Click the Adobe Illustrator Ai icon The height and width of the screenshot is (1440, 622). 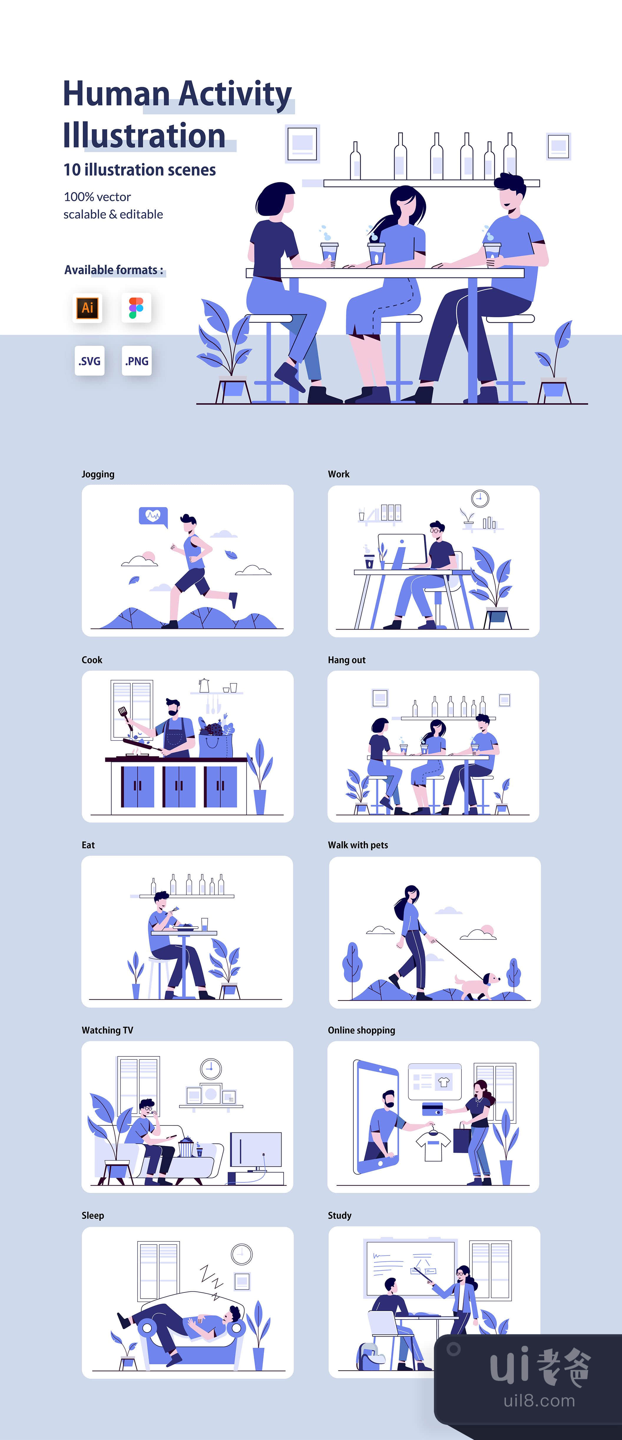pyautogui.click(x=87, y=308)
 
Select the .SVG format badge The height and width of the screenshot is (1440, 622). pyautogui.click(x=90, y=361)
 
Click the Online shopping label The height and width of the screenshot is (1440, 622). pyautogui.click(x=361, y=1030)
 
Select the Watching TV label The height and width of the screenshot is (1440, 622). pyautogui.click(x=107, y=1030)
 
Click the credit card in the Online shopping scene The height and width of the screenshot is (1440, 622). pyautogui.click(x=432, y=1108)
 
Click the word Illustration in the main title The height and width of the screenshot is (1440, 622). pyautogui.click(x=144, y=136)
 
